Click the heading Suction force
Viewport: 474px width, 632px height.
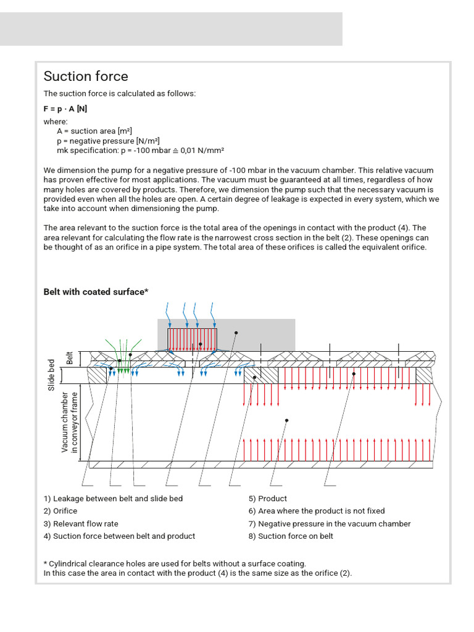86,77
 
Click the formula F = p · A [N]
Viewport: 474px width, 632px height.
65,108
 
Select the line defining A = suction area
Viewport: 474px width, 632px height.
94,131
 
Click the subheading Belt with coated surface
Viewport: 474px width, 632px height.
96,292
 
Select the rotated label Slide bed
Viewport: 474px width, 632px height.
52,374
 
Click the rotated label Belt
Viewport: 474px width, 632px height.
70,357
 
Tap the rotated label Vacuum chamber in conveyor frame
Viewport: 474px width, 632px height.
70,422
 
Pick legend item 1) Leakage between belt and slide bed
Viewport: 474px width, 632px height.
113,499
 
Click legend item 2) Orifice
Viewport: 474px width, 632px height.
60,511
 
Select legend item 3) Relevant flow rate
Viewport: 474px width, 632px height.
81,524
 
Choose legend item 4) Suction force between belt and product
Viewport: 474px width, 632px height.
119,536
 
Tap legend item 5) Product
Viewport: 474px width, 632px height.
268,499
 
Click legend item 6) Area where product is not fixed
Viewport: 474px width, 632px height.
317,511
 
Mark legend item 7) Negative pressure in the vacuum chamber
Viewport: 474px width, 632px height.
330,524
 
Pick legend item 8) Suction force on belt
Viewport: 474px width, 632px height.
291,536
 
